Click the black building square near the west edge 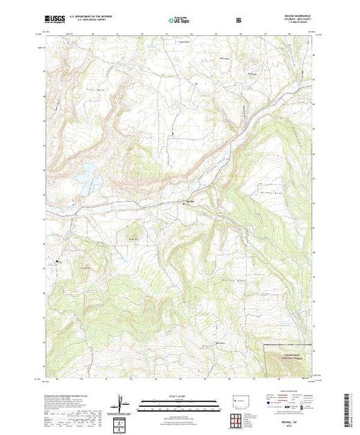tap(59, 260)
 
